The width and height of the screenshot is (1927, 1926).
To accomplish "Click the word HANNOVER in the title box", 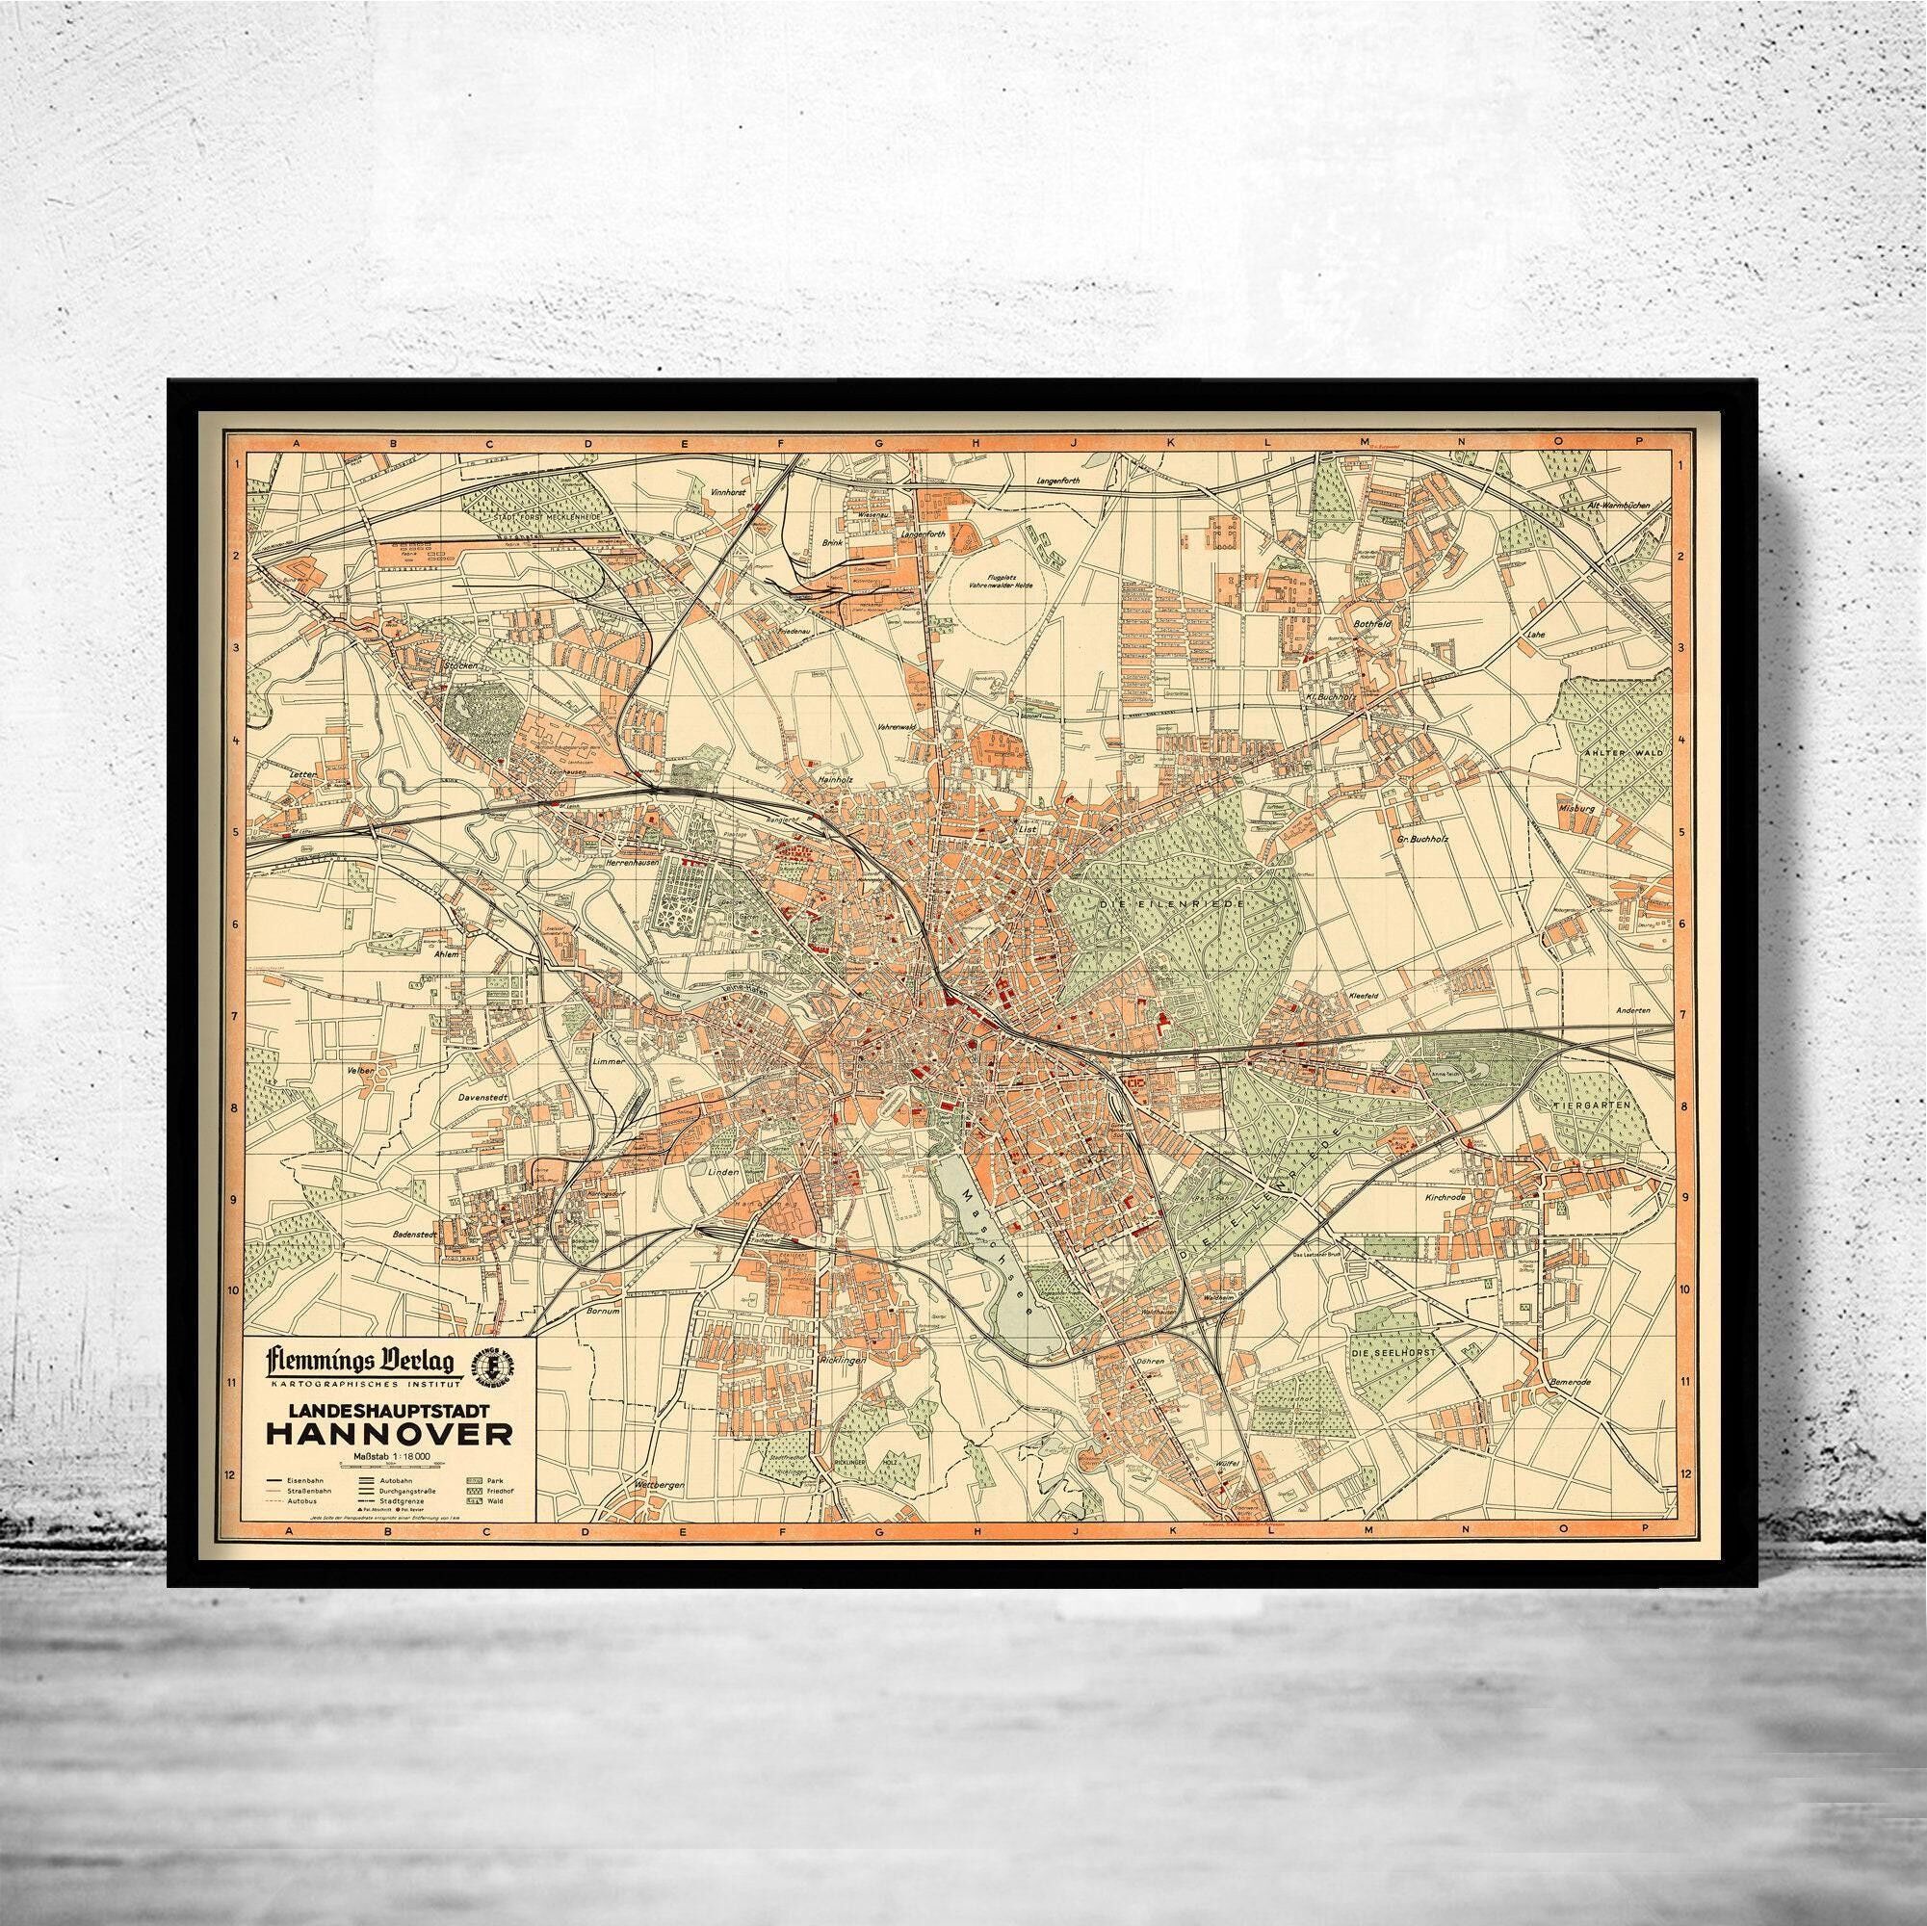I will pos(389,1433).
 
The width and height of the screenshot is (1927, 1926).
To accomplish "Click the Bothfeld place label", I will pos(1369,622).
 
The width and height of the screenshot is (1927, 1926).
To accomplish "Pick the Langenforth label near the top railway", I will pos(1059,481).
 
